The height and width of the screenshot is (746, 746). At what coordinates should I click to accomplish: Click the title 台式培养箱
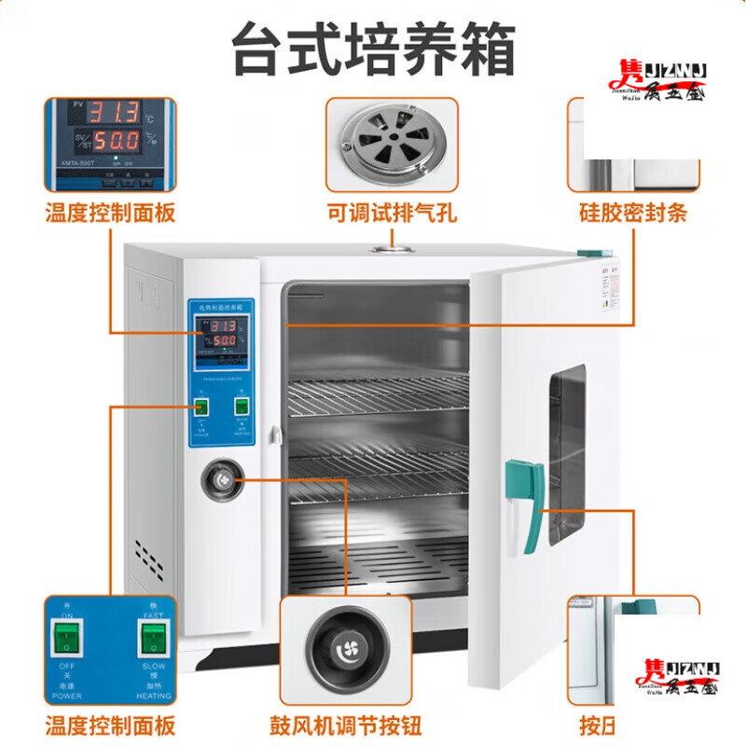point(373,49)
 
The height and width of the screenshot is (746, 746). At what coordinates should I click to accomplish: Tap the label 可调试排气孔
point(392,213)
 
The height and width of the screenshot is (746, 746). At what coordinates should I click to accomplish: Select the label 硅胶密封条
point(631,213)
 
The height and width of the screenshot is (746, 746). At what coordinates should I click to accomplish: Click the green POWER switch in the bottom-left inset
point(66,640)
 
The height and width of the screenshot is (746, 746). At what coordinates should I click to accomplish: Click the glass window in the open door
point(567,452)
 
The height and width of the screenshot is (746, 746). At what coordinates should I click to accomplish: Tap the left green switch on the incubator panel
point(200,407)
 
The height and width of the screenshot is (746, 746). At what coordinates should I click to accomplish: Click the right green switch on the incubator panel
point(242,407)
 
